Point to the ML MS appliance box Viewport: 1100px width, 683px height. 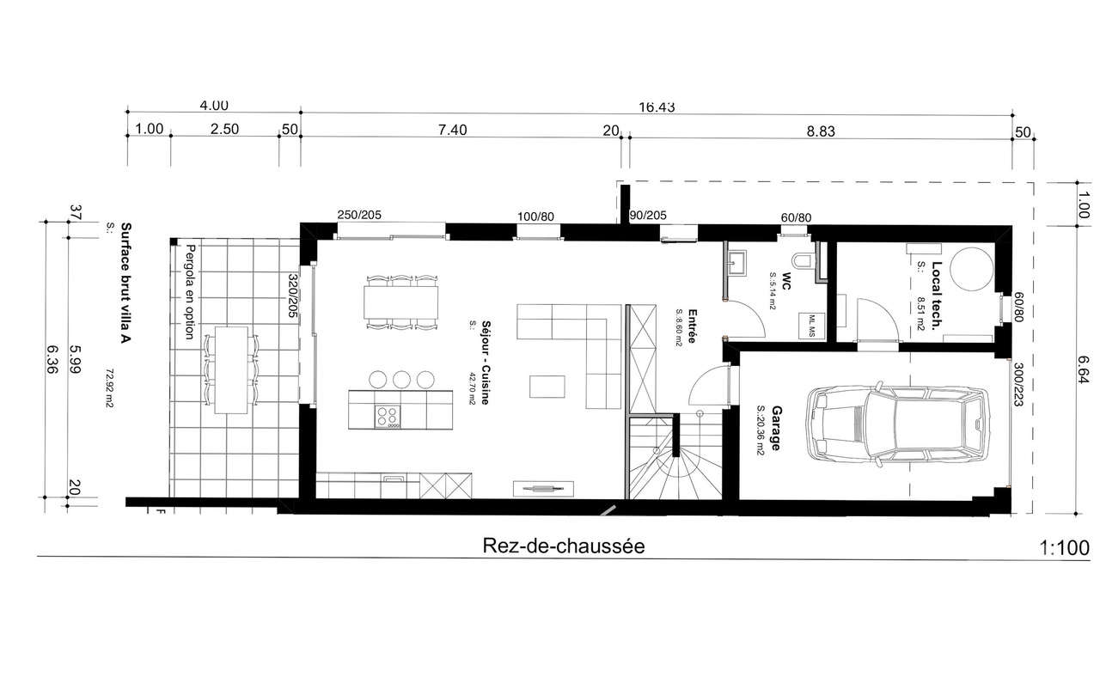811,324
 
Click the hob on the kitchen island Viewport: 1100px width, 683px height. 388,416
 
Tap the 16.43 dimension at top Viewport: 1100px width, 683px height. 657,107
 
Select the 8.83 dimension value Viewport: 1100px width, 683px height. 820,131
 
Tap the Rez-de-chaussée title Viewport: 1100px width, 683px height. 564,546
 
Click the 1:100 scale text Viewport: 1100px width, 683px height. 1064,547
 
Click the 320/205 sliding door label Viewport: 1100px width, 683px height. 292,297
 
